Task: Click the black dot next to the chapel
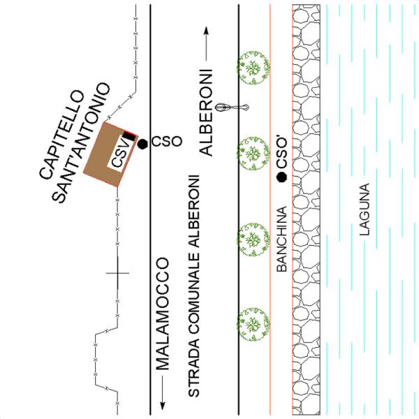coord(142,144)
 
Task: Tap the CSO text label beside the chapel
coord(166,140)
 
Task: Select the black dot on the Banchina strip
coord(281,177)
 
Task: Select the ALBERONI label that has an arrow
coord(208,112)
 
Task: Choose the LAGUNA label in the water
coord(362,210)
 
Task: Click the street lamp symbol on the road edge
coord(235,108)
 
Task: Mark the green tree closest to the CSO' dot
coord(251,151)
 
